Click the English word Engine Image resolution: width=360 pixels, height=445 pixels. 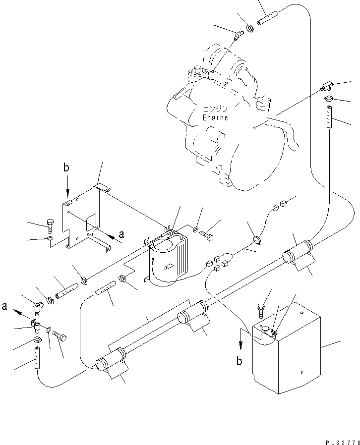click(x=215, y=118)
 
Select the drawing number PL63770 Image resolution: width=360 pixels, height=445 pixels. click(x=342, y=439)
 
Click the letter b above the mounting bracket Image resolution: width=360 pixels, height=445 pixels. click(x=66, y=167)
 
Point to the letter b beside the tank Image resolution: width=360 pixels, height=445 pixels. click(x=239, y=361)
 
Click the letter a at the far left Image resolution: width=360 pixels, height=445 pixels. click(x=4, y=307)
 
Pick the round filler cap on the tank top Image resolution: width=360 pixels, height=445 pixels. click(x=264, y=328)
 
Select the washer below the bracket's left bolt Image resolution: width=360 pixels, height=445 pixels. click(x=50, y=240)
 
